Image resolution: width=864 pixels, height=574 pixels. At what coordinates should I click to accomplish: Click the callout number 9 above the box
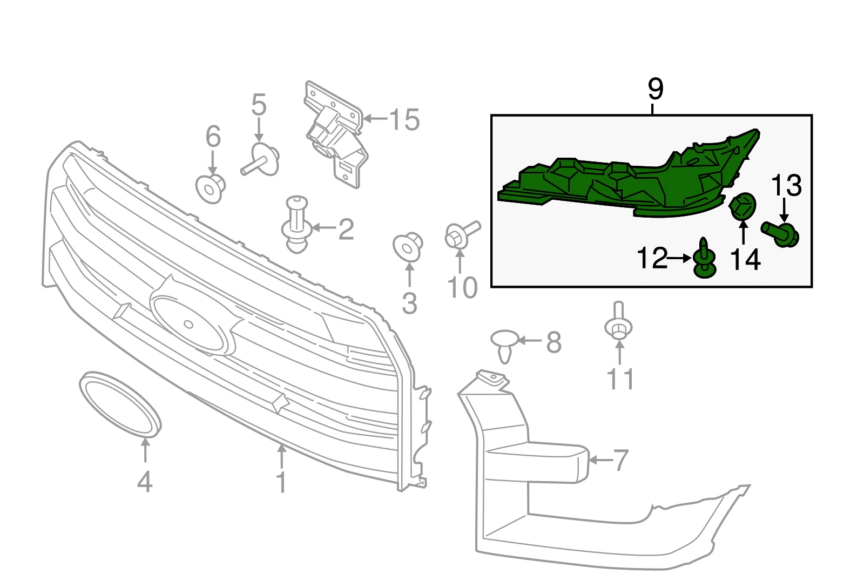pyautogui.click(x=655, y=89)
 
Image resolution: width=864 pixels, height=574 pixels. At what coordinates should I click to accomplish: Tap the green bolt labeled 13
pyautogui.click(x=781, y=234)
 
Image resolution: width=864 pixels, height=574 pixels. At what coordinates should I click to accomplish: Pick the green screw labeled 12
pyautogui.click(x=704, y=259)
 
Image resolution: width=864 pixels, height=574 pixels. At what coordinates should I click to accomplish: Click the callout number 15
pyautogui.click(x=404, y=119)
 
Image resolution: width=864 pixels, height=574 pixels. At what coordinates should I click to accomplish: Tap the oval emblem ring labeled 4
pyautogui.click(x=120, y=404)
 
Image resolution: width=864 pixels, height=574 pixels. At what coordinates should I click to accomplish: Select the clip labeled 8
pyautogui.click(x=504, y=345)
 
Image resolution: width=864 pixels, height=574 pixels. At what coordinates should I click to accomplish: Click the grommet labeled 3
pyautogui.click(x=407, y=247)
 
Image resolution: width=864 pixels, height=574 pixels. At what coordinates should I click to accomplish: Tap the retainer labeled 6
pyautogui.click(x=210, y=187)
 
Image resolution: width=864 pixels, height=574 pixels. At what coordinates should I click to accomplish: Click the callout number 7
pyautogui.click(x=621, y=460)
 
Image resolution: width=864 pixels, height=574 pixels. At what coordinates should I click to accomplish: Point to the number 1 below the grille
pyautogui.click(x=281, y=482)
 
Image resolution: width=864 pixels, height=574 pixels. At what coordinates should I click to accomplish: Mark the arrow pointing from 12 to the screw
pyautogui.click(x=679, y=259)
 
